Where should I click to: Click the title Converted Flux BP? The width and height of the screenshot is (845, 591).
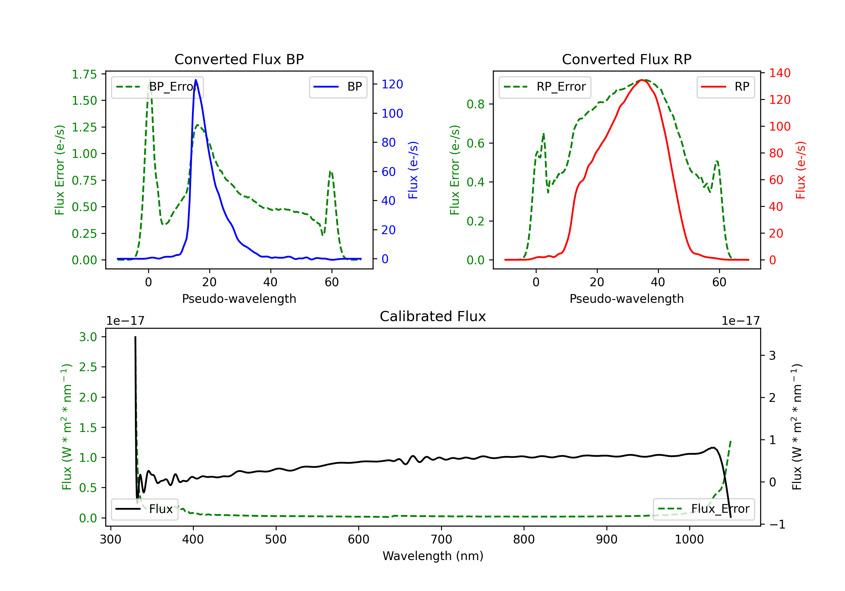[x=239, y=59]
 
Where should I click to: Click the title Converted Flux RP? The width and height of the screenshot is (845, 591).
[x=626, y=59]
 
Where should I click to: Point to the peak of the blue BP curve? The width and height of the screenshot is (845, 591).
[x=196, y=80]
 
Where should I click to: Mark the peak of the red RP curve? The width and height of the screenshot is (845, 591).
[x=641, y=80]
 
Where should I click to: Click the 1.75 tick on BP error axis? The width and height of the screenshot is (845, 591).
[x=84, y=74]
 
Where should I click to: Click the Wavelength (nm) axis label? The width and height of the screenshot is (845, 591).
[x=433, y=556]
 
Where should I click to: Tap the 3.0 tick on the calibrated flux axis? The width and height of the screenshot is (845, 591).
[x=88, y=337]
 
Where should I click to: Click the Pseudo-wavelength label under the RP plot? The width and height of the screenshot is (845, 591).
[x=626, y=299]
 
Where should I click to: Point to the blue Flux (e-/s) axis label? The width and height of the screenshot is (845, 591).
[x=413, y=170]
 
